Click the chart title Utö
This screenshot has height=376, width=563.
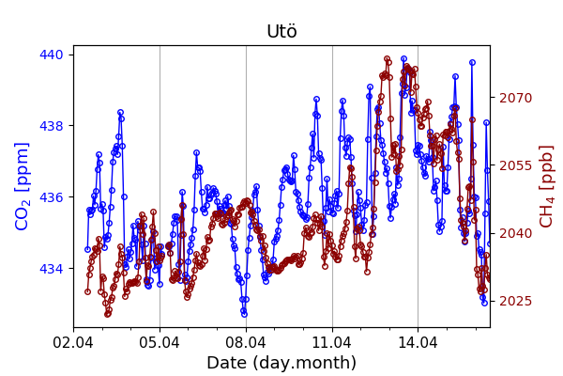pos(281,32)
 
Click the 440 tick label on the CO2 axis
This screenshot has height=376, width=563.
pos(53,55)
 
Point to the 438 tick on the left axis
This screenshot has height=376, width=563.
pos(53,126)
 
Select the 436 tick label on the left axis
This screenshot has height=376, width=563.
pos(53,197)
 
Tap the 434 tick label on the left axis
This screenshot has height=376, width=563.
pos(53,269)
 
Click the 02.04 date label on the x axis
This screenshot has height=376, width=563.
pos(73,342)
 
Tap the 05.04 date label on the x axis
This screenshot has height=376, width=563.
pos(160,342)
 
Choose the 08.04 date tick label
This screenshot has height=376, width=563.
pos(246,342)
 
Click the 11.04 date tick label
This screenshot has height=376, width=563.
pos(332,342)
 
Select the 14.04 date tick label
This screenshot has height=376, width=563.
pos(418,342)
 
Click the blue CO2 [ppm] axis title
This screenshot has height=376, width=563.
pos(23,186)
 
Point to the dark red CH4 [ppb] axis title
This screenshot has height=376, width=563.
pos(547,186)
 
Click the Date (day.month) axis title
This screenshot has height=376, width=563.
pos(281,363)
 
